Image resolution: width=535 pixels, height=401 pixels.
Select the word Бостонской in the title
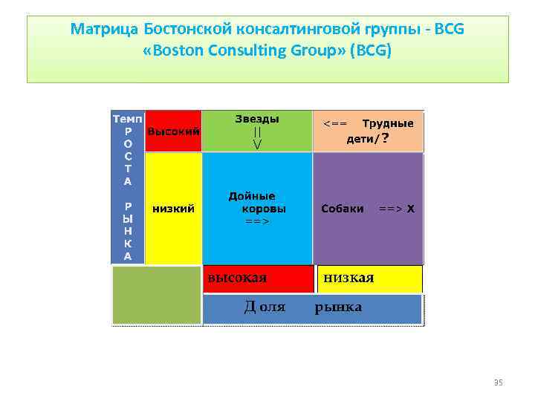pos(185,30)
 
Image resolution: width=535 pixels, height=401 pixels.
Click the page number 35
pos(499,382)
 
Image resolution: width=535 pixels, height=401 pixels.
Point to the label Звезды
pos(257,119)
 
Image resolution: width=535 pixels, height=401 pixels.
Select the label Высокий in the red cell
pos(173,131)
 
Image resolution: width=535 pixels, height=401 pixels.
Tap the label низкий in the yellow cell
pos(173,209)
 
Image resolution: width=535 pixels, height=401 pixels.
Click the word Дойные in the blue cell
pos(252,197)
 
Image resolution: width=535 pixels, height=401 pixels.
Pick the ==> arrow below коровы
pos(257,221)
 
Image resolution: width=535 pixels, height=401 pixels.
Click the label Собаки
pos(342,209)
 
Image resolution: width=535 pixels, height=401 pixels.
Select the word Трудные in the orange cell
pos(387,123)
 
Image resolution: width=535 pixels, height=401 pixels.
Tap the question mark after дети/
pos(385,137)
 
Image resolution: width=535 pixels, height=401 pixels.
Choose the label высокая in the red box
pos(236,278)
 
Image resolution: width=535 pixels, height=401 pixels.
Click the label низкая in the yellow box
pos(348,278)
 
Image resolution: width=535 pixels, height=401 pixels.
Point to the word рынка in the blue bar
pos(338,307)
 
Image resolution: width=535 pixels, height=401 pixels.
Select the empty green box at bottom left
pos(156,295)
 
